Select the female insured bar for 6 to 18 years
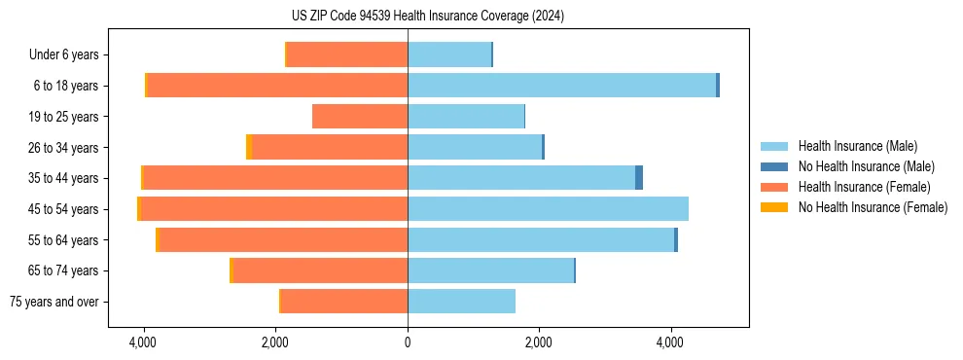point(277,86)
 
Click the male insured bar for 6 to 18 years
point(561,86)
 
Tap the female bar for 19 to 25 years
point(360,117)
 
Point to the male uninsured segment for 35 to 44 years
point(639,178)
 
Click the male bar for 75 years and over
point(461,302)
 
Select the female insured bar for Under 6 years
point(347,55)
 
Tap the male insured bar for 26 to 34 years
point(475,148)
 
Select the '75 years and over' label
point(53,302)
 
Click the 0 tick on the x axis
point(408,343)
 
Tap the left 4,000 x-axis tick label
point(144,343)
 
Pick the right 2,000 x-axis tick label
point(539,343)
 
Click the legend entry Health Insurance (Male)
point(857,147)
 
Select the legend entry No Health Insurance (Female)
point(873,207)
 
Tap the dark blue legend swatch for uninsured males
point(774,167)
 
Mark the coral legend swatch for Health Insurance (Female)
point(774,187)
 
